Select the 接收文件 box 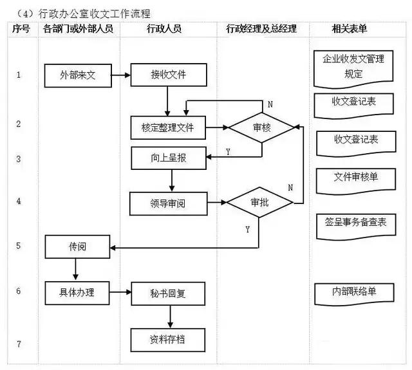(168, 75)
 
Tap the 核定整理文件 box (168, 127)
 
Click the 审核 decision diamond (262, 127)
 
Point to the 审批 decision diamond (258, 202)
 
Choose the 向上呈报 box (168, 158)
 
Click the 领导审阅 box (168, 203)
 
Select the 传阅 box (77, 247)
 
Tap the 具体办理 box (77, 293)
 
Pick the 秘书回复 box (168, 293)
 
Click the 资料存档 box (168, 338)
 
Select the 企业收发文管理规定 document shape (353, 68)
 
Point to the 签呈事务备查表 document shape (355, 223)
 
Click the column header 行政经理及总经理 (262, 29)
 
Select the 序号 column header (22, 29)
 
